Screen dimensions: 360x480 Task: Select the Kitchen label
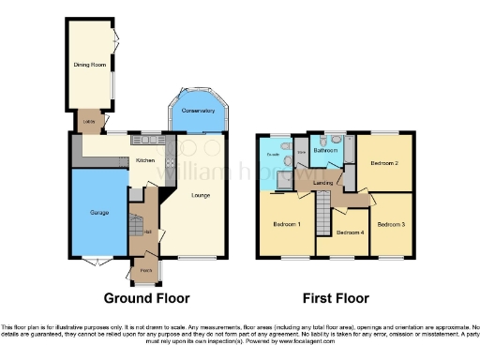point(145,161)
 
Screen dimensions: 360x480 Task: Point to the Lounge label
point(199,196)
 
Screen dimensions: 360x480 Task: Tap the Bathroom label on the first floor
point(325,150)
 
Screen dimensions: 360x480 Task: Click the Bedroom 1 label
point(286,225)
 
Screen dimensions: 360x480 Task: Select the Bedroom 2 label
point(384,163)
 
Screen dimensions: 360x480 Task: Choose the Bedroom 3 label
point(391,225)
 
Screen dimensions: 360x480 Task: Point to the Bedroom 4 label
point(349,232)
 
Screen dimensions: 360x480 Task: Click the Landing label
point(324,182)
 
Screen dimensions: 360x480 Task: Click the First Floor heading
point(335,299)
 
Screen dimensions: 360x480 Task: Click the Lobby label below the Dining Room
point(89,121)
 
